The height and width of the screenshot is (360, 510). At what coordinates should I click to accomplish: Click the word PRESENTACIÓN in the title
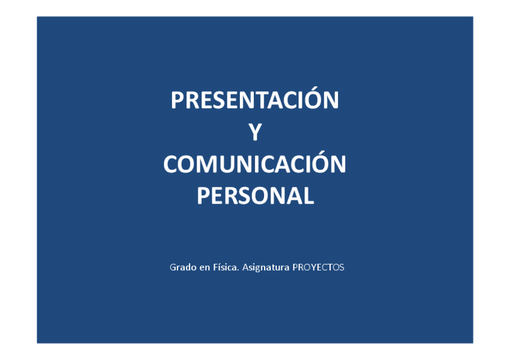255,100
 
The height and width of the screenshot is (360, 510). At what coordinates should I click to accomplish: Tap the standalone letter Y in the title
255,132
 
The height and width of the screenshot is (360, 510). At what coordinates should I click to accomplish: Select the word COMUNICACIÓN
255,164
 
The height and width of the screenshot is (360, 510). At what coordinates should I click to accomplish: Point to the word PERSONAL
255,196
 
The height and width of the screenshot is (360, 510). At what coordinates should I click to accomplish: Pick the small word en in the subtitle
204,267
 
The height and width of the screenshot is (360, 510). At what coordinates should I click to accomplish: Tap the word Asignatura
265,267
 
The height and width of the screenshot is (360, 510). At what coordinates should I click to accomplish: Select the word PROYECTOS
318,267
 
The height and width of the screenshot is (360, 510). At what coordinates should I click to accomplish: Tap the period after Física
239,269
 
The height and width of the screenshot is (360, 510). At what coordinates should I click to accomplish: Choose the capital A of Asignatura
245,267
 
